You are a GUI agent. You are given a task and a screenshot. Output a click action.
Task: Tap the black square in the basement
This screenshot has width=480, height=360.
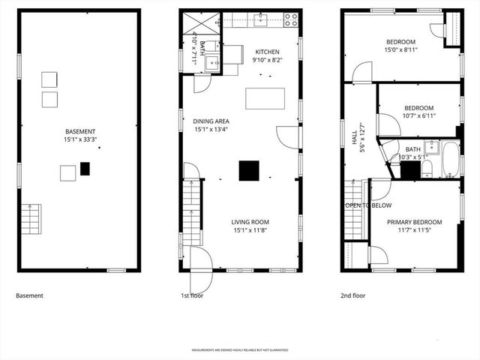pyautogui.click(x=85, y=169)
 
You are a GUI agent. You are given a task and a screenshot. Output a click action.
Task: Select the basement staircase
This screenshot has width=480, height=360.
pyautogui.click(x=29, y=218)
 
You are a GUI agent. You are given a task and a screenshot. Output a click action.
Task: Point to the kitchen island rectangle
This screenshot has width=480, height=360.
pyautogui.click(x=265, y=98)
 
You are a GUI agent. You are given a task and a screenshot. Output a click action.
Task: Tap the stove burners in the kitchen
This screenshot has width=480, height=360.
pyautogui.click(x=290, y=19)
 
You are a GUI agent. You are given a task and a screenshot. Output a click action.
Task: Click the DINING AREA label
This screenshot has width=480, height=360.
pyautogui.click(x=211, y=121)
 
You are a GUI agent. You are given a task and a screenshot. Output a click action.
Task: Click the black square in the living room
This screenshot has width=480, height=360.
pyautogui.click(x=249, y=171)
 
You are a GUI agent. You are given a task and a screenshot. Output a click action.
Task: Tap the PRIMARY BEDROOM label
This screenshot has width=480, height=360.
pyautogui.click(x=414, y=222)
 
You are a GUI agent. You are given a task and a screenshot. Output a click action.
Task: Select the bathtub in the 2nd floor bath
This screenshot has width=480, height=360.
pyautogui.click(x=448, y=158)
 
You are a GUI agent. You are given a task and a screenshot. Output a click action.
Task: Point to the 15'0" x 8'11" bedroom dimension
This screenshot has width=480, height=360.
pyautogui.click(x=401, y=50)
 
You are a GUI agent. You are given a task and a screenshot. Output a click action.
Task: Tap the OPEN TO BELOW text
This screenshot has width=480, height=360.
pyautogui.click(x=367, y=205)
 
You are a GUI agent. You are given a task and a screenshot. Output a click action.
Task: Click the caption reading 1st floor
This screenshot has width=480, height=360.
pyautogui.click(x=192, y=295)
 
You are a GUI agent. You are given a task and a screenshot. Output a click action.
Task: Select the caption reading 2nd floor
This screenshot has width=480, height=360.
pyautogui.click(x=352, y=295)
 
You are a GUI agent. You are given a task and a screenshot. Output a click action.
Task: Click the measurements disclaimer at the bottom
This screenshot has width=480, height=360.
pyautogui.click(x=240, y=350)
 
